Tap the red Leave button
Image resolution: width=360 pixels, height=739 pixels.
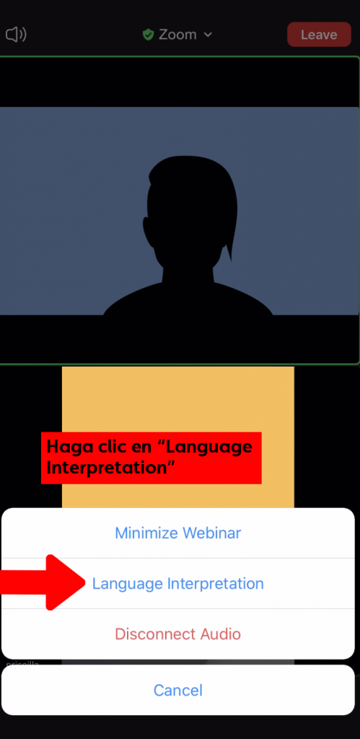[319, 35]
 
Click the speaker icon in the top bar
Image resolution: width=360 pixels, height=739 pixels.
[16, 35]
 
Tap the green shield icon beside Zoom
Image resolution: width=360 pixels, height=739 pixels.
[149, 35]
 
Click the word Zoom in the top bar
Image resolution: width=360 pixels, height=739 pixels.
[177, 35]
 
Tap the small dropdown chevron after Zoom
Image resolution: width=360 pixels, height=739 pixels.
[208, 35]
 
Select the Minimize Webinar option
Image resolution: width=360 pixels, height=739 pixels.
[178, 533]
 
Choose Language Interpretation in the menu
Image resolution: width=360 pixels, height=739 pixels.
[178, 583]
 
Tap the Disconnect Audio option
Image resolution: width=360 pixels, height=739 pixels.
[178, 634]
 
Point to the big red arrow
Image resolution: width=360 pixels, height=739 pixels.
[43, 583]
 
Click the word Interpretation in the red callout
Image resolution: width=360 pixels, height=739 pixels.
[111, 468]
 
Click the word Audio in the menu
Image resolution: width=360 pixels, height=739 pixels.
[221, 634]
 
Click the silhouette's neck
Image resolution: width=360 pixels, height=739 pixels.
[188, 274]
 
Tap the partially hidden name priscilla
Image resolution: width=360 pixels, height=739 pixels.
[22, 663]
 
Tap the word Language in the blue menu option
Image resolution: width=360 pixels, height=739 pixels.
[127, 584]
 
